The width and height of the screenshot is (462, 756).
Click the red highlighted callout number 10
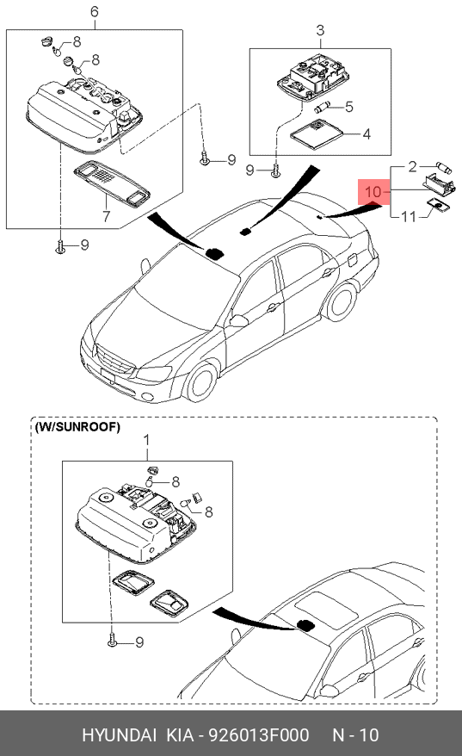pos(373,192)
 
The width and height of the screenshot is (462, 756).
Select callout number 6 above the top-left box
pos(95,11)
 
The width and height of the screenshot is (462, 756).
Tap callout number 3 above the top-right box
pos(320,31)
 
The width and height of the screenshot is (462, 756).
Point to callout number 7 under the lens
pos(106,216)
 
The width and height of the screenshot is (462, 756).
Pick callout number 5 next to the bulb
pos(349,107)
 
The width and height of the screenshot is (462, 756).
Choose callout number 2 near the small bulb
pos(412,167)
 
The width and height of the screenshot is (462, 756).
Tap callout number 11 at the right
pos(409,216)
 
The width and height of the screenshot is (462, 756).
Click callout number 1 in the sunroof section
pos(147,440)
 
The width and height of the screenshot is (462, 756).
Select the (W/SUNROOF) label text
pos(77,427)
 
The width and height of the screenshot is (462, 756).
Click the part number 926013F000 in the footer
pos(258,734)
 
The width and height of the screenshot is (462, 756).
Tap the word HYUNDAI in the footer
pos(119,734)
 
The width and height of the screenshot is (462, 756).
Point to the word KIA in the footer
pos(180,734)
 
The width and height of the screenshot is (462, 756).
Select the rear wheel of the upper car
pos(342,302)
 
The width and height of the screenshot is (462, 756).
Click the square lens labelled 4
pos(317,134)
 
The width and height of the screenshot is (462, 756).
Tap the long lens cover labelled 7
pos(111,183)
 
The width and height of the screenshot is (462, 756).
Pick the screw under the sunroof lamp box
pos(112,641)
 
